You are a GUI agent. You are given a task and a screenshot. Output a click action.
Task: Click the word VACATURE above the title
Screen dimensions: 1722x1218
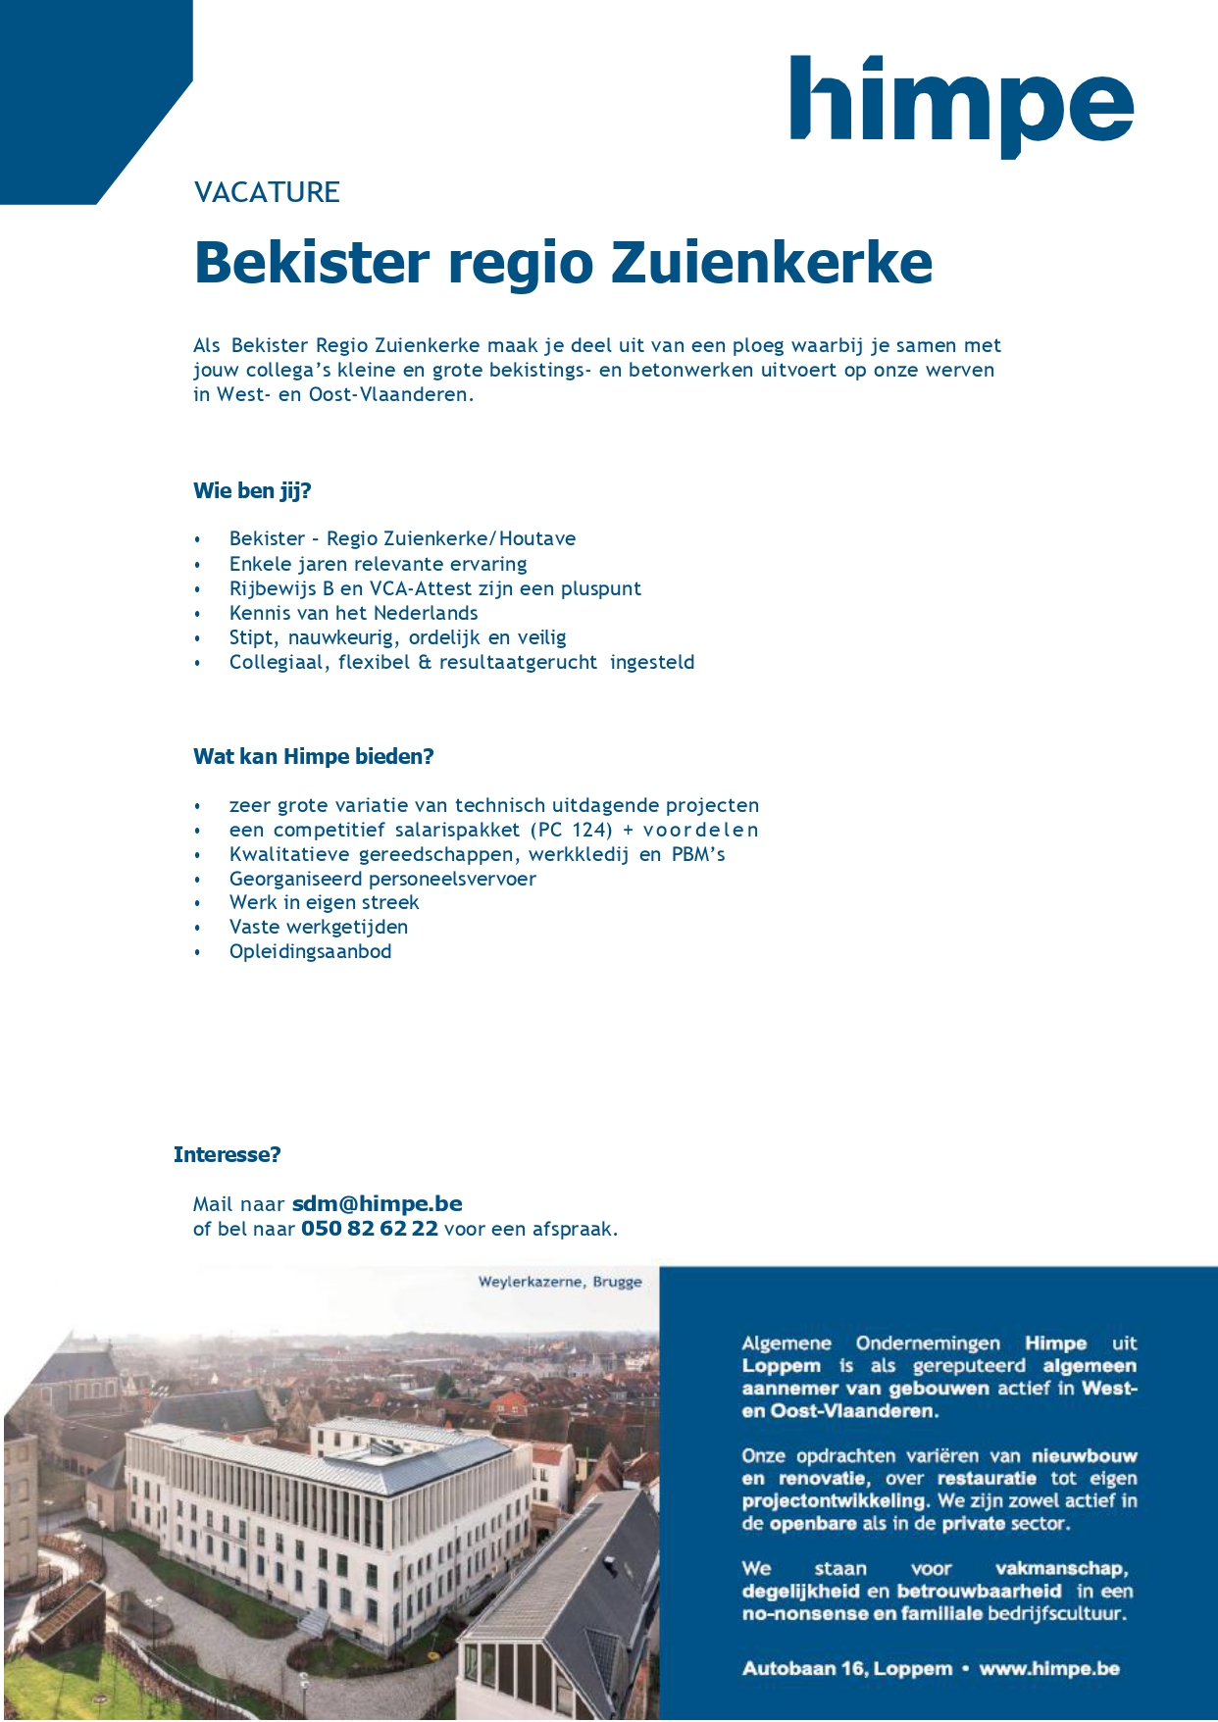(x=267, y=192)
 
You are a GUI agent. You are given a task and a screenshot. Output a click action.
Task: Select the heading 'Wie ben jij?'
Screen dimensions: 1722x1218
(x=252, y=491)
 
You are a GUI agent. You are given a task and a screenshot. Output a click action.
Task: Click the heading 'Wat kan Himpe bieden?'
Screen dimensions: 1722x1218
(x=313, y=757)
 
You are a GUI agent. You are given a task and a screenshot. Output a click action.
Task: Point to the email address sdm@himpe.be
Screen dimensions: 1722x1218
(x=378, y=1204)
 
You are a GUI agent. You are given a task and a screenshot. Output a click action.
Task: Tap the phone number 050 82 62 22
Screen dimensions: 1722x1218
(x=370, y=1230)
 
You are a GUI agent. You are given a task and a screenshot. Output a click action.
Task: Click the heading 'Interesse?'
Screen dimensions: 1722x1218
(x=227, y=1155)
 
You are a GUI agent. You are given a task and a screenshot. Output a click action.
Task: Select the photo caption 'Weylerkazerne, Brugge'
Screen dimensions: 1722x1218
(x=560, y=1282)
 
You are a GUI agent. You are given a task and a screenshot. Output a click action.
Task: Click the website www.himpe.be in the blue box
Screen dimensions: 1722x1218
(x=1049, y=1669)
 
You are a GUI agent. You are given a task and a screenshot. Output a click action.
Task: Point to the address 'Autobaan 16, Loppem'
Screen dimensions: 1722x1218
(x=847, y=1669)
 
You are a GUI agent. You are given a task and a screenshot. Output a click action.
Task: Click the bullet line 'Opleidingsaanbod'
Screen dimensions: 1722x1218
(x=310, y=952)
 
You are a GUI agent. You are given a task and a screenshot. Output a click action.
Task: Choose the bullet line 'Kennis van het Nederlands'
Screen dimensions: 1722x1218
(x=353, y=614)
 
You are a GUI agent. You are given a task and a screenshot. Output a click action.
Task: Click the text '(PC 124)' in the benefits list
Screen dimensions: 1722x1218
(x=572, y=831)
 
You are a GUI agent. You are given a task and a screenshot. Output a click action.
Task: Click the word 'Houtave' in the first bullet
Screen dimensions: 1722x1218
(x=537, y=539)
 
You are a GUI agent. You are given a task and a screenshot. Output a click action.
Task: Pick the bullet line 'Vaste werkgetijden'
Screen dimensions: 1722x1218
(x=319, y=928)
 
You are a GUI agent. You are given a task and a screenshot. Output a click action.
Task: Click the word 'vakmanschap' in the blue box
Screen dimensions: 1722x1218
(x=1062, y=1569)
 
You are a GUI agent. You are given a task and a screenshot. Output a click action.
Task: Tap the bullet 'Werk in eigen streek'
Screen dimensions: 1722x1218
(x=324, y=903)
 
